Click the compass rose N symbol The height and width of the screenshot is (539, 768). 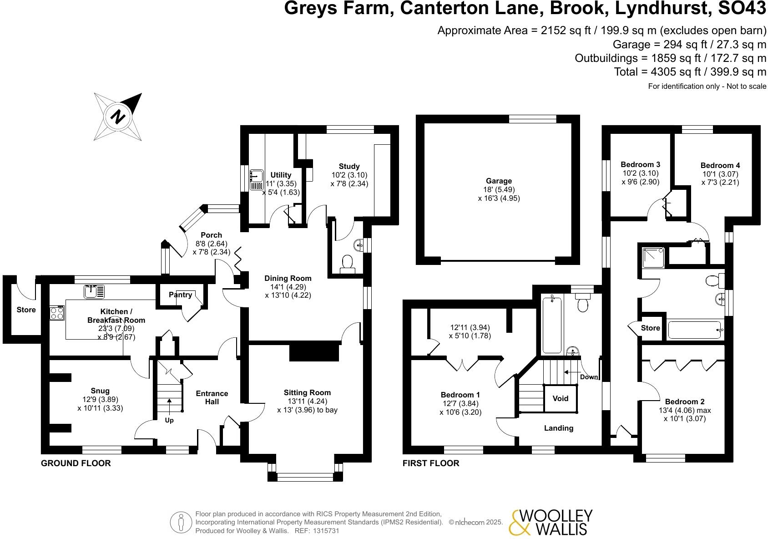pos(118,117)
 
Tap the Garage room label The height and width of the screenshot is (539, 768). pos(499,181)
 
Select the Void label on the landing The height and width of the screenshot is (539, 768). pos(560,398)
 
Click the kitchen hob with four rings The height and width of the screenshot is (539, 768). pos(57,313)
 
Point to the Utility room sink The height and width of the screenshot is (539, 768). pos(257,175)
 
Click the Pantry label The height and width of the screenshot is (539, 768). pos(180,295)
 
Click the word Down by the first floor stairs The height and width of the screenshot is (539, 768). pos(589,377)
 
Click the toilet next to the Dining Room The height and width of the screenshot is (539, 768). pos(348,262)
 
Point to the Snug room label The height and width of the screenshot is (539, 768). pos(100,391)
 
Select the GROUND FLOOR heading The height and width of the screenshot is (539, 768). pos(76,463)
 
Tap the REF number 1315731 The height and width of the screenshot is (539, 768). pos(324,531)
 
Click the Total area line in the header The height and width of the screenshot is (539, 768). pos(690,72)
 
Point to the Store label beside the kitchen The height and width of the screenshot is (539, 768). pos(26,310)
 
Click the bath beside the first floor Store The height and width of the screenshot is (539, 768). pos(694,330)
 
